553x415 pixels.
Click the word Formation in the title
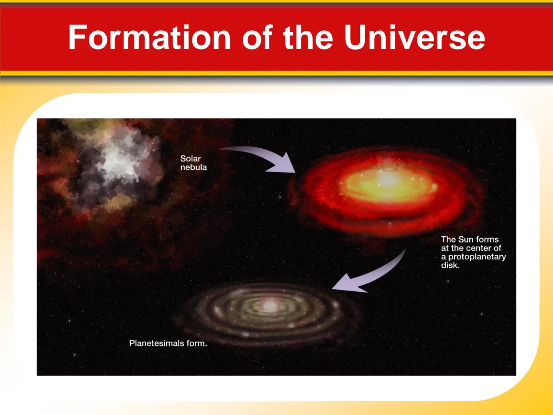(149, 37)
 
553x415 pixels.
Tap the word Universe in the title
(414, 37)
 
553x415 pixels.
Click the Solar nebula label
(193, 163)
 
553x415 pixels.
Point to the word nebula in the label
(194, 168)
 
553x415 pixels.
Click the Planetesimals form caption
(168, 343)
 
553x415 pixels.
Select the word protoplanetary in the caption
(477, 257)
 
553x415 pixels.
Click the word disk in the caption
(450, 265)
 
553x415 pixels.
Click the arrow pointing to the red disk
(261, 158)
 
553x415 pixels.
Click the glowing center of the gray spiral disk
(270, 306)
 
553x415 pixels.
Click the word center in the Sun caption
(479, 248)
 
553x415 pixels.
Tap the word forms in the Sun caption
(487, 239)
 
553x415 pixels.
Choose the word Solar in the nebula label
(190, 158)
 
